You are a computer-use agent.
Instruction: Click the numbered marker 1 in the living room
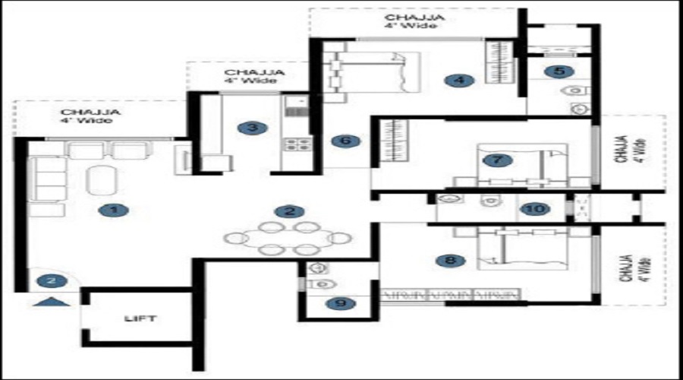click(114, 211)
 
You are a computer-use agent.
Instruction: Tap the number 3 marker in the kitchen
click(253, 128)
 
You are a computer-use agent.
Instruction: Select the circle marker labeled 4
click(460, 81)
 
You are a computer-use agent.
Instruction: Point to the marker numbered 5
click(559, 71)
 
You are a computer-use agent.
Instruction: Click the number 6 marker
click(345, 141)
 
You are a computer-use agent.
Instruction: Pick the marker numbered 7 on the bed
click(497, 160)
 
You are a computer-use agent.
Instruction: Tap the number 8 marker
click(451, 261)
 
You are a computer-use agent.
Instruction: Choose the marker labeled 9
click(341, 303)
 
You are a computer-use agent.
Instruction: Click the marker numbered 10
click(535, 209)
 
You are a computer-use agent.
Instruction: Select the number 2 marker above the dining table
click(290, 212)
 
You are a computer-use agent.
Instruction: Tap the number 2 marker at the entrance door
click(52, 281)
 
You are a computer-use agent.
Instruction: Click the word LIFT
click(140, 318)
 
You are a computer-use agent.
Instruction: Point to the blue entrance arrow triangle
click(52, 302)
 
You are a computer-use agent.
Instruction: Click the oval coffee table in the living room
click(102, 181)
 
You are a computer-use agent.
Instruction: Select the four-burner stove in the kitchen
click(297, 144)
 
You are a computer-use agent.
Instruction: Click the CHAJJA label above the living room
click(90, 112)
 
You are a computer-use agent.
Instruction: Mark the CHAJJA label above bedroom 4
click(414, 18)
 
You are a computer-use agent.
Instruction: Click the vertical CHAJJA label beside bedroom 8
click(625, 268)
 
